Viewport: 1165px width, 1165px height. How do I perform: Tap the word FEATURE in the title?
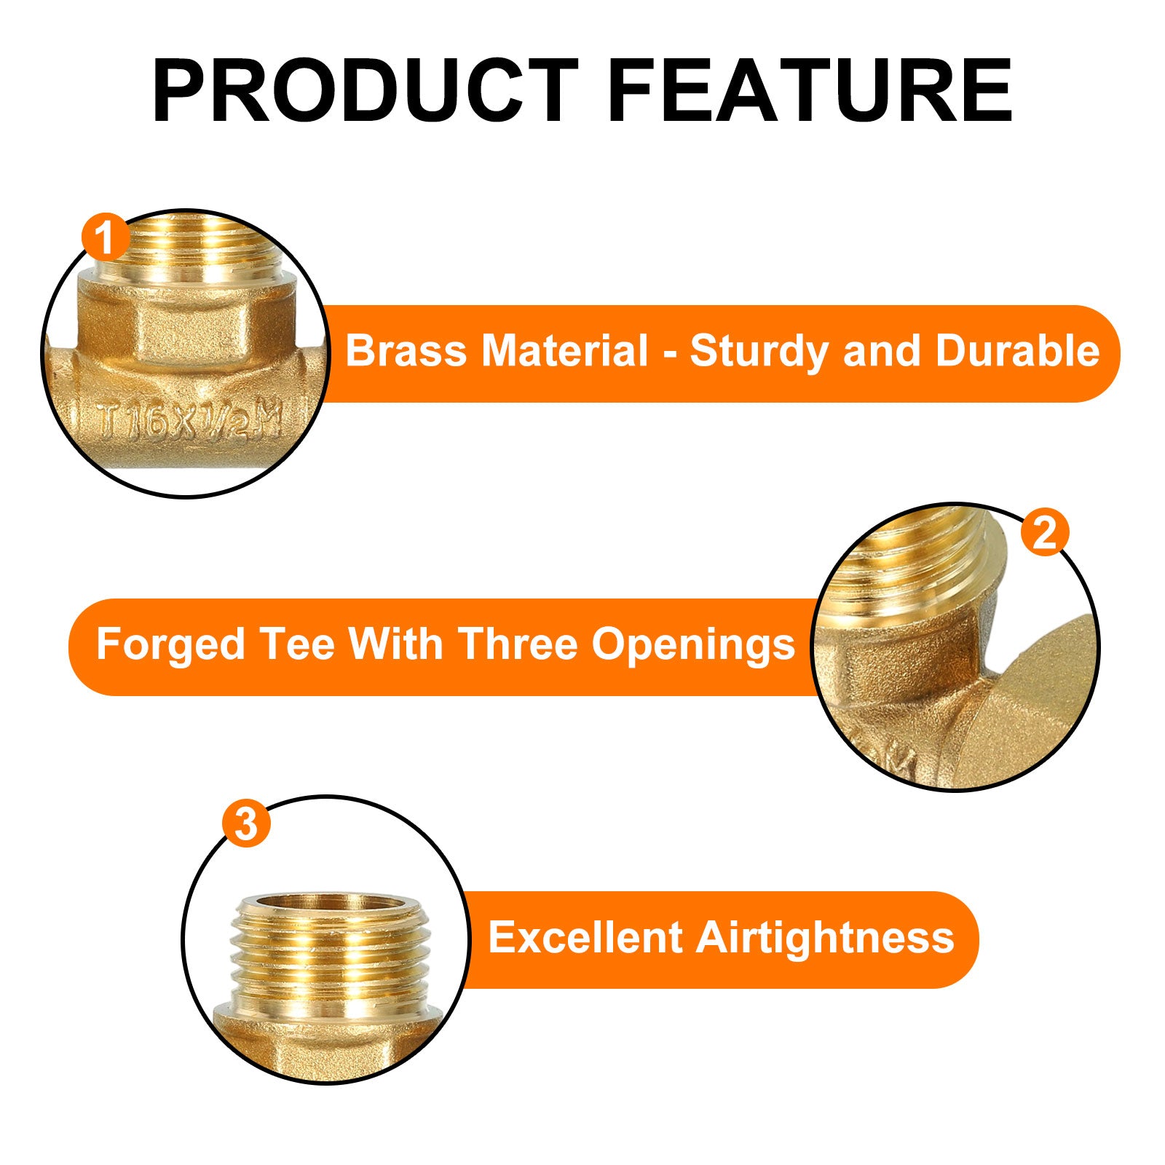pyautogui.click(x=810, y=90)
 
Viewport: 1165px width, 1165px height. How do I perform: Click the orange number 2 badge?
pyautogui.click(x=1044, y=532)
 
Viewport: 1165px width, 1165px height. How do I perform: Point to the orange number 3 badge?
pyautogui.click(x=247, y=824)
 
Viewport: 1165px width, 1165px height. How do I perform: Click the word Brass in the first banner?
pyautogui.click(x=406, y=351)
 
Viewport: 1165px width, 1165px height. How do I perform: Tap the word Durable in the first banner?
pyautogui.click(x=1017, y=351)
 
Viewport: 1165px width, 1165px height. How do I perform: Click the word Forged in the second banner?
pyautogui.click(x=170, y=646)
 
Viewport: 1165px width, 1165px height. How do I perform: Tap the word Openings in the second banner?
pyautogui.click(x=692, y=646)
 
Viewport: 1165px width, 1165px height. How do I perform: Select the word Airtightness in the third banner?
pyautogui.click(x=825, y=938)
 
